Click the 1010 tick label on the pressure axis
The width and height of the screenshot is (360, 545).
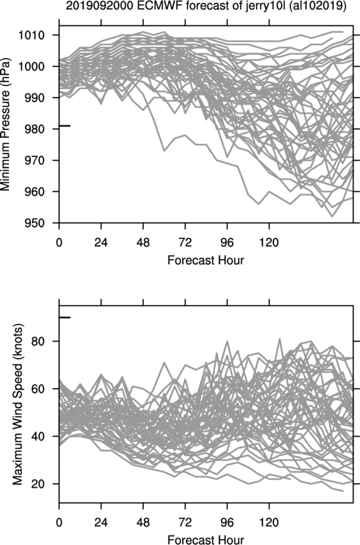[x=32, y=35]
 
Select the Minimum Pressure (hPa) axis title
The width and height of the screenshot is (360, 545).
[x=5, y=124]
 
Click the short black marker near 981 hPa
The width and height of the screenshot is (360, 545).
[x=65, y=125]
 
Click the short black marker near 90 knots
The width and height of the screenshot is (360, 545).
[x=65, y=317]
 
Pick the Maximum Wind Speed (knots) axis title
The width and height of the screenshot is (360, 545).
[x=18, y=405]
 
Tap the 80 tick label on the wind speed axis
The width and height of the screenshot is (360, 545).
[x=39, y=342]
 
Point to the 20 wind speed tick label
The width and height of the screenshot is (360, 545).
[x=39, y=484]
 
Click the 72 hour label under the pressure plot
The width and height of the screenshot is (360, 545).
[x=185, y=242]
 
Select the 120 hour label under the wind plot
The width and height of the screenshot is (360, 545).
[x=269, y=523]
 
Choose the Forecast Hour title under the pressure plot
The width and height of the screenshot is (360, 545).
[x=206, y=260]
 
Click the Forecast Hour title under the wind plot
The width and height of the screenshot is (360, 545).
[x=206, y=540]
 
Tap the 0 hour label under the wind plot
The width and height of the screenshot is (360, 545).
[x=59, y=523]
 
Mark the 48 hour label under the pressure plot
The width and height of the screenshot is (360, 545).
[x=143, y=242]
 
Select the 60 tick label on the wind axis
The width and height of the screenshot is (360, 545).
[x=39, y=389]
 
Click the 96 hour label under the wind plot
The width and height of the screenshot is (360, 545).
[x=227, y=523]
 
